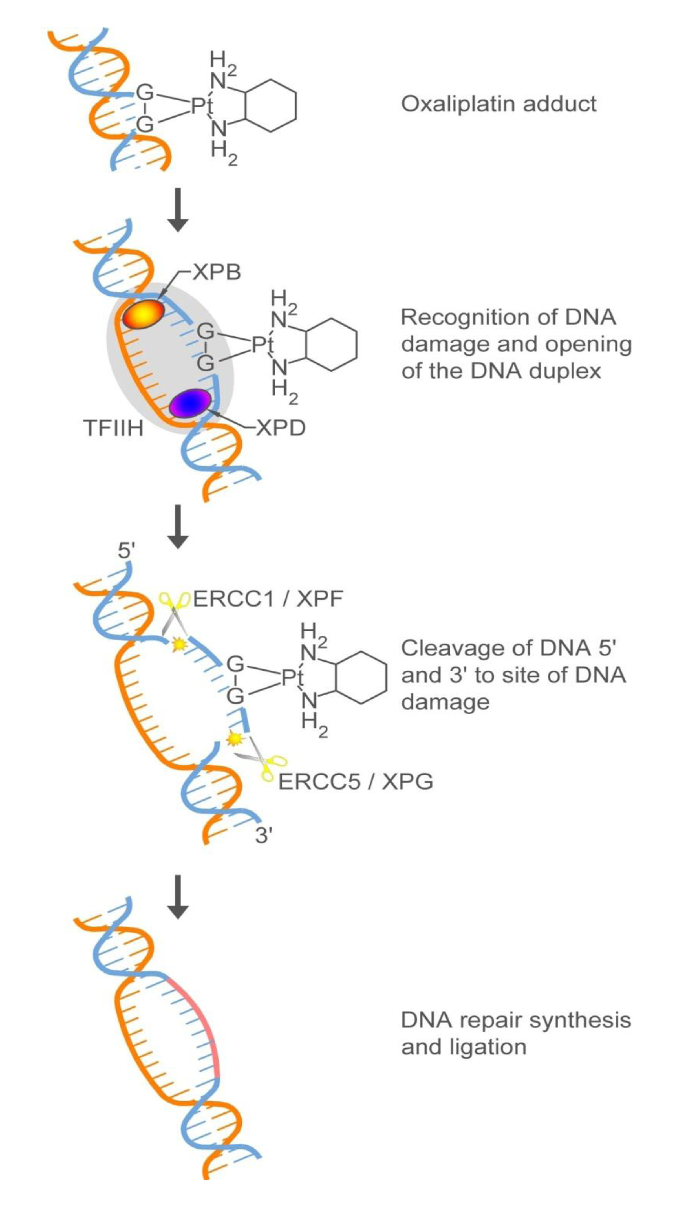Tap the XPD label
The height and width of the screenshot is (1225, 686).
pos(281,428)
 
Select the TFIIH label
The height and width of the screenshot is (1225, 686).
pos(113,428)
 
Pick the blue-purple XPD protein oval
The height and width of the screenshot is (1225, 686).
pos(190,403)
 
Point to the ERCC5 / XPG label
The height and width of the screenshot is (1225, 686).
pos(355,781)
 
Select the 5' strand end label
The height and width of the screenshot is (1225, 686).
pos(126,551)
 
